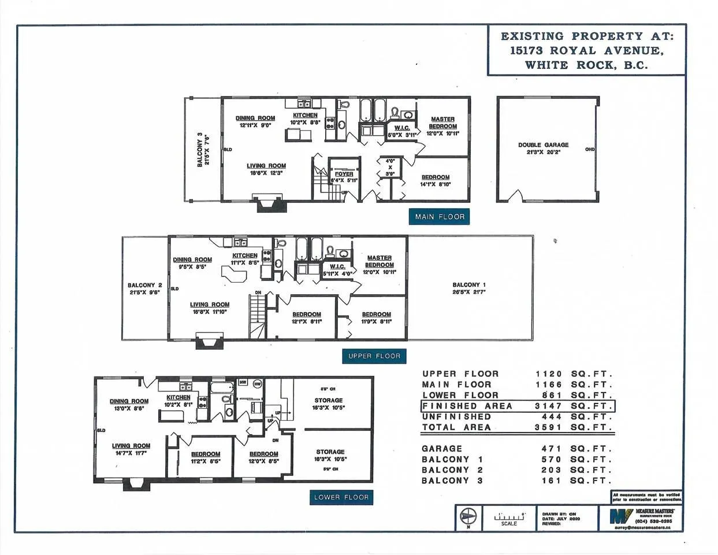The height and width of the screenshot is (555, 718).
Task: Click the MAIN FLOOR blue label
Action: [440, 217]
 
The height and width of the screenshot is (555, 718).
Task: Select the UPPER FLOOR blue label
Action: [374, 356]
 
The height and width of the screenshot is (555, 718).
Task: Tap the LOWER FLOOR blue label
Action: [341, 497]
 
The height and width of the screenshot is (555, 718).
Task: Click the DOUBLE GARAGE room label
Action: [543, 145]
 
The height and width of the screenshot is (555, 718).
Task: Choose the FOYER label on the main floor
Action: [344, 174]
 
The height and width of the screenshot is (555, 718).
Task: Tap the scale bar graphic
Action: [509, 516]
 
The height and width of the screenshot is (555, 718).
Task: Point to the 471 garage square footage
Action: [551, 449]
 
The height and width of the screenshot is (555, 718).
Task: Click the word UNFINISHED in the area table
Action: [456, 417]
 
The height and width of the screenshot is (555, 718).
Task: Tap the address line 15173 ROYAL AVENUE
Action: [587, 50]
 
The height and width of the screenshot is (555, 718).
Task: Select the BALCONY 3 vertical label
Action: [200, 150]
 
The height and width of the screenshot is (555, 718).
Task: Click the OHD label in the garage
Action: [589, 150]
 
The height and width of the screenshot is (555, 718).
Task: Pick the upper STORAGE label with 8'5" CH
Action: [328, 400]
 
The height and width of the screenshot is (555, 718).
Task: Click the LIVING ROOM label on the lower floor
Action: [131, 446]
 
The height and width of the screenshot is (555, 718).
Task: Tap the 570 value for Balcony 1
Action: [551, 460]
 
